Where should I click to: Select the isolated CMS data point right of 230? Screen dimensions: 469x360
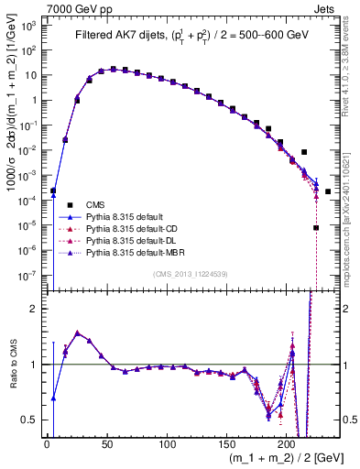pos(327,191)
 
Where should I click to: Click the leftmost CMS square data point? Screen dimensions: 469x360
pos(53,191)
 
